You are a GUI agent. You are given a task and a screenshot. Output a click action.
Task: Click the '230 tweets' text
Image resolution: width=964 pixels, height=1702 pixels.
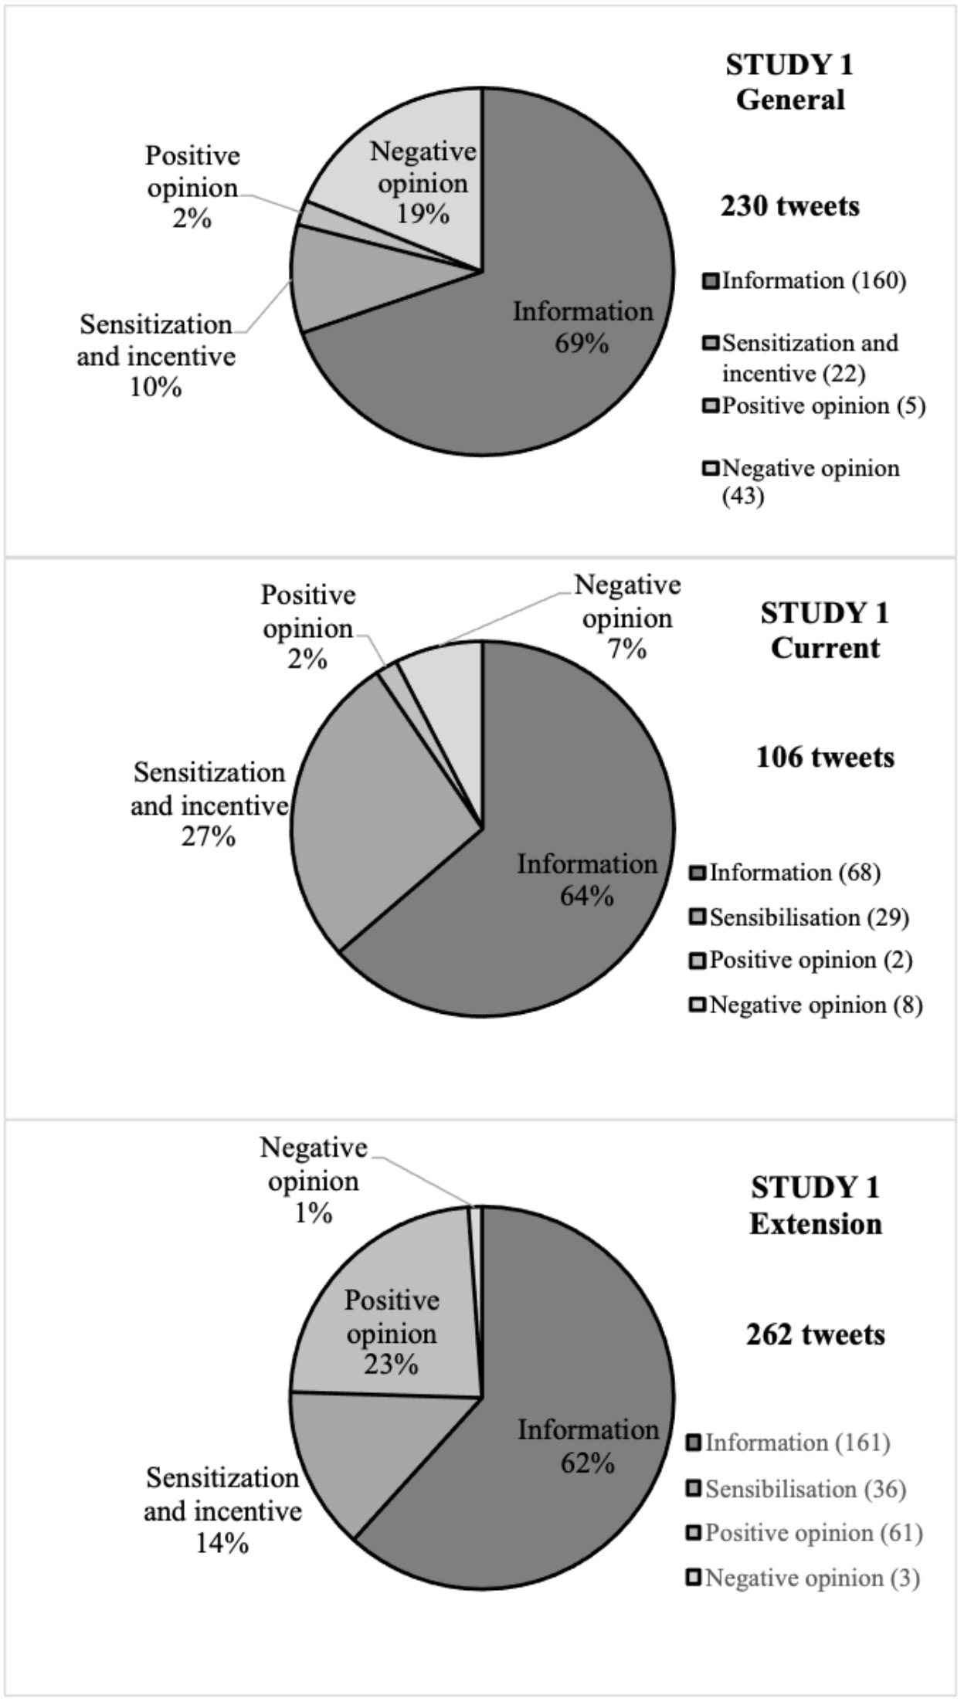789,206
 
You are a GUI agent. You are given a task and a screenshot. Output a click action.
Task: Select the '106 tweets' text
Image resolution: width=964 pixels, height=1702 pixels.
825,757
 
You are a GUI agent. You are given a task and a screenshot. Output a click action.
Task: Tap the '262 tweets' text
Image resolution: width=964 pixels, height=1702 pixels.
815,1334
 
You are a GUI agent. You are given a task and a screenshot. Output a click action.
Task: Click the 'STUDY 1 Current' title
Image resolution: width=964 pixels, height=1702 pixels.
825,630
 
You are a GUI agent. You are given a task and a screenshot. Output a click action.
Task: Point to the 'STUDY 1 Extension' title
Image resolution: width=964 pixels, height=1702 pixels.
815,1206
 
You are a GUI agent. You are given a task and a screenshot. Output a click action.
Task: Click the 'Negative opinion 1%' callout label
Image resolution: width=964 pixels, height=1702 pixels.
313,1181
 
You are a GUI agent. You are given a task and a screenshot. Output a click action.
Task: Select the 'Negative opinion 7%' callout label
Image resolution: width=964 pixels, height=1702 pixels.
627,618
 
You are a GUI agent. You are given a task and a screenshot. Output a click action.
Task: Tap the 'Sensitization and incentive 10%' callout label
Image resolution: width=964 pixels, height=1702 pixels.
156,356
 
